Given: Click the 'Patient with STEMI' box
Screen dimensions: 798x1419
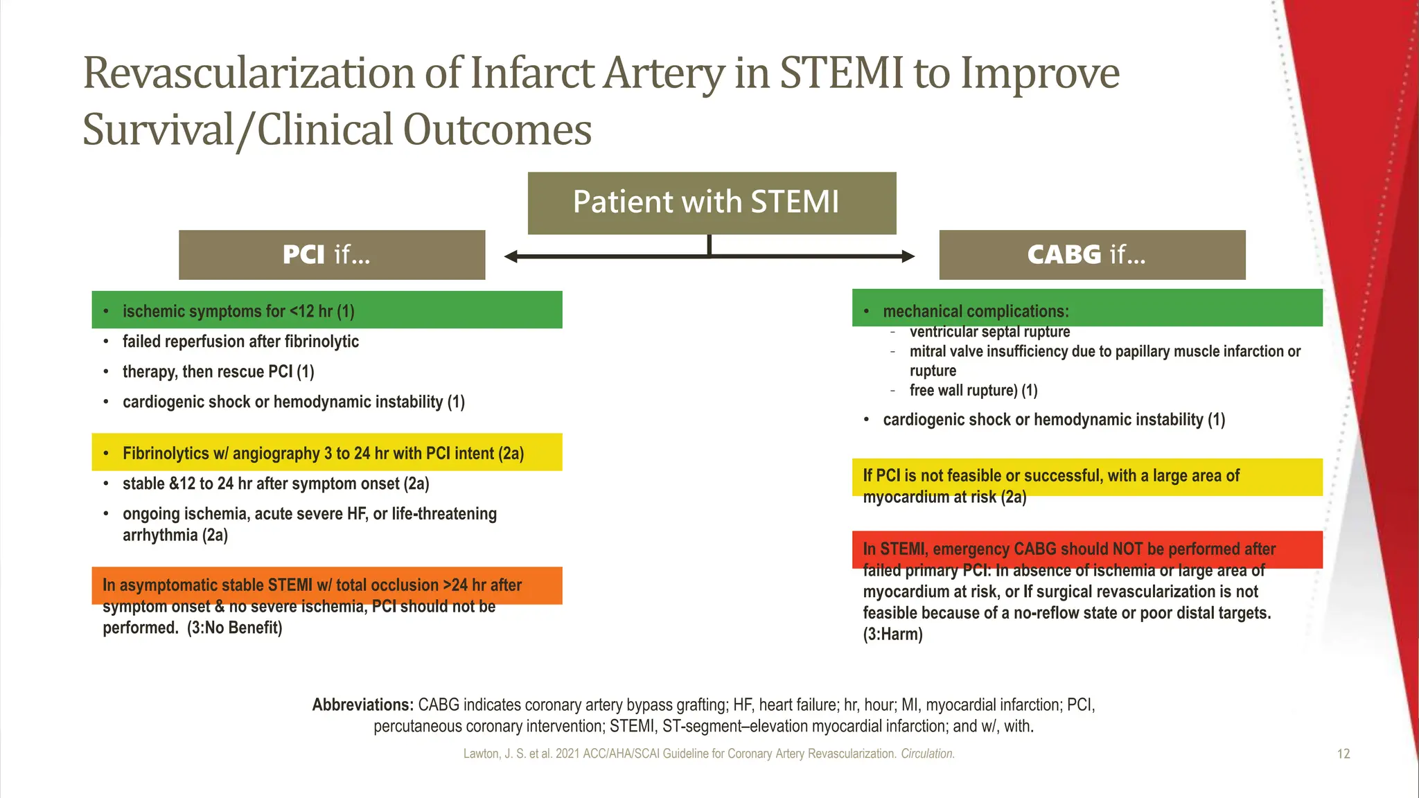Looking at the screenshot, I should click(x=712, y=203).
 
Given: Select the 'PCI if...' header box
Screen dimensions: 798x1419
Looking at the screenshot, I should click(x=331, y=255).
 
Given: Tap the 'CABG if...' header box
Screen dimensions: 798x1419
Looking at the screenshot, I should click(x=1091, y=255).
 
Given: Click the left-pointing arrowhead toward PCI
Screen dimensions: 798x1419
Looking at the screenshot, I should click(x=512, y=257).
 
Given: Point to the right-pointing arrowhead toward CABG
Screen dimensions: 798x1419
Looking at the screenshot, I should click(x=907, y=257).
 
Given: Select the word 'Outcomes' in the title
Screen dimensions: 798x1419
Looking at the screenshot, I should click(x=497, y=130).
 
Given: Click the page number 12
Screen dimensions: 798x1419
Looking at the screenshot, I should click(x=1343, y=754).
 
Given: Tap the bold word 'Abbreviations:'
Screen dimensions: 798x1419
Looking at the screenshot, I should click(x=362, y=705).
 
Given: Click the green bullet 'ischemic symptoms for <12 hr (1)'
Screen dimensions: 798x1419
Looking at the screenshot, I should click(x=238, y=312).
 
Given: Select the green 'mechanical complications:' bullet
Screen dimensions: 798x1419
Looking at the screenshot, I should click(x=976, y=312).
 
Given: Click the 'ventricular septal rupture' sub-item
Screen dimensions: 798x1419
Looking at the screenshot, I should click(x=989, y=332).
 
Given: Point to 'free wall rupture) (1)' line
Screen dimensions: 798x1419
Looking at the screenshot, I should click(x=973, y=391).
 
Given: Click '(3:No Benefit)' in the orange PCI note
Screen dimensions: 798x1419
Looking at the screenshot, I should click(x=234, y=628).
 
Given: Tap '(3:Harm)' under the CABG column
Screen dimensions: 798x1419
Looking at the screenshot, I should click(x=892, y=635).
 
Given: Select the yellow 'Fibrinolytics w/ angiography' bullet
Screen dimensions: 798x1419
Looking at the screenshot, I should click(x=323, y=454).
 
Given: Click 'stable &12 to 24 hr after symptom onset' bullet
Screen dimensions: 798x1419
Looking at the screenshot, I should click(x=276, y=484).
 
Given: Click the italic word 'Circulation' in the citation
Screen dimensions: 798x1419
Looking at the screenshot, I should click(x=927, y=754).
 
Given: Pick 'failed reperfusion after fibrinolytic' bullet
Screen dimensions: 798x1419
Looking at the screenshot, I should click(x=240, y=342).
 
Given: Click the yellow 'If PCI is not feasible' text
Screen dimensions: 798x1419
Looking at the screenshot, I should click(x=1050, y=476).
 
